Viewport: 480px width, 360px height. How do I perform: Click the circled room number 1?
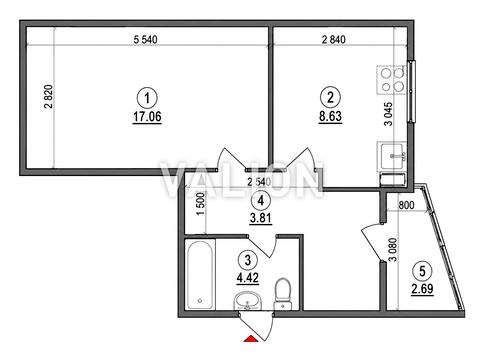coord(147,98)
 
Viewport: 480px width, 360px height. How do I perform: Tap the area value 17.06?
coord(147,117)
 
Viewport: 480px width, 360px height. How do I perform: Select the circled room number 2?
coord(330,97)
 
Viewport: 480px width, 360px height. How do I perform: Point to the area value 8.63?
coord(330,116)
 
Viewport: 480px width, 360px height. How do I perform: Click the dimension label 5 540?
coord(145,40)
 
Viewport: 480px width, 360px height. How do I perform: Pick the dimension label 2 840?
coord(334,40)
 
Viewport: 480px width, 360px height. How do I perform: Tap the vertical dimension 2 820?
coord(48,97)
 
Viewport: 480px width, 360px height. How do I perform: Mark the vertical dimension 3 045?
coord(388,114)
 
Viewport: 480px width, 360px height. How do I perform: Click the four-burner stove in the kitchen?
coord(392,80)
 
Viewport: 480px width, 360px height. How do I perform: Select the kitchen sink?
coord(392,156)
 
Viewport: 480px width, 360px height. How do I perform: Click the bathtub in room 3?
coord(200,274)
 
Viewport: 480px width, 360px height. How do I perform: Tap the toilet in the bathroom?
coord(283,294)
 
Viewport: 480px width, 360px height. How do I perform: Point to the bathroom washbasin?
coord(248,301)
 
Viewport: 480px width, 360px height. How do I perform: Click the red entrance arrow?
coord(251,339)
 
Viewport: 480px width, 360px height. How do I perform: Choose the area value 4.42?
coord(248,277)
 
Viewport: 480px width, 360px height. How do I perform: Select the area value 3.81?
coord(261,218)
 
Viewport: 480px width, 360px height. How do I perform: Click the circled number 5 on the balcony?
coord(422,271)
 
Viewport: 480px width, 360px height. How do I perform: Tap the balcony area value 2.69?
coord(422,289)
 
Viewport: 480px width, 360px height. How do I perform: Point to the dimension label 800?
coord(406,205)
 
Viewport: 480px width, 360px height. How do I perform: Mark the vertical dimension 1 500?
coord(201,204)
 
